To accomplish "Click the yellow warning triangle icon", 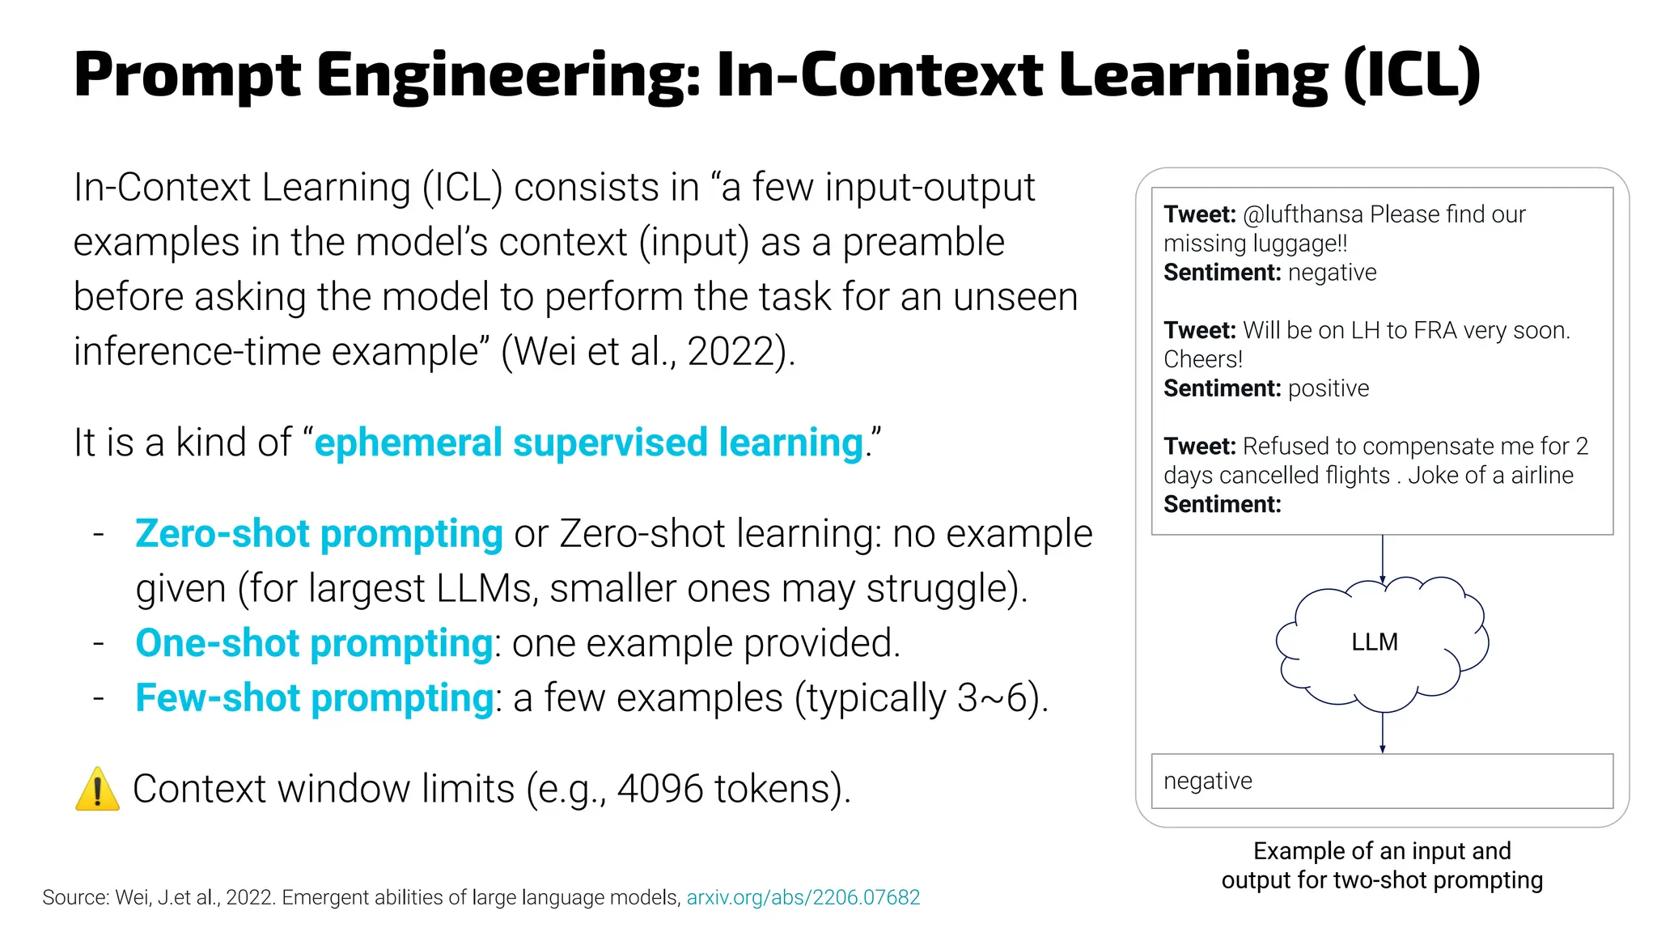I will [97, 790].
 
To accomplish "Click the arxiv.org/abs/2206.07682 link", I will [803, 897].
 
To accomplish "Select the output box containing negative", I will [1381, 781].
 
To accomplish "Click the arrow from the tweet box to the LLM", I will [1382, 558].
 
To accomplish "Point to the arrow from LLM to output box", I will [1382, 733].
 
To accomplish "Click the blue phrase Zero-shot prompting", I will [319, 534].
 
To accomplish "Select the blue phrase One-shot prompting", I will [314, 643].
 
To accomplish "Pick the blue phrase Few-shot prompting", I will [314, 697].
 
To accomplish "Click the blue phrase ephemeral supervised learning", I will [589, 443].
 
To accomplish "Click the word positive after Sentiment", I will [1328, 388].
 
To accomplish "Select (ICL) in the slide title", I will [1412, 74].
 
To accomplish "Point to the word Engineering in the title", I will [508, 74].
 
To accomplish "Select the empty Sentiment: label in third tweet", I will [1222, 505].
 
